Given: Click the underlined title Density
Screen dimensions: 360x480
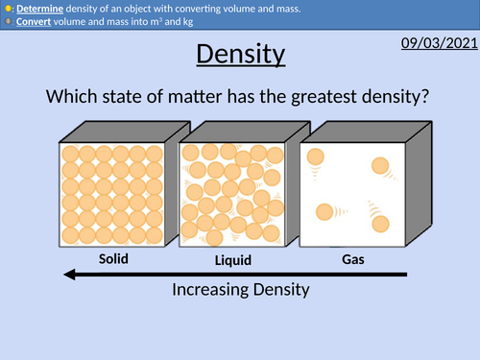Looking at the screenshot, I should point(240,54).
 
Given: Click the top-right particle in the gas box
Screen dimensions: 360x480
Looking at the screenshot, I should point(380,165).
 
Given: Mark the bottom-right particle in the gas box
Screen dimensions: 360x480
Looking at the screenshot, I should point(379,223).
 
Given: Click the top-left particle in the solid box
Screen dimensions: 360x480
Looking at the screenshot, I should point(69,153).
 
